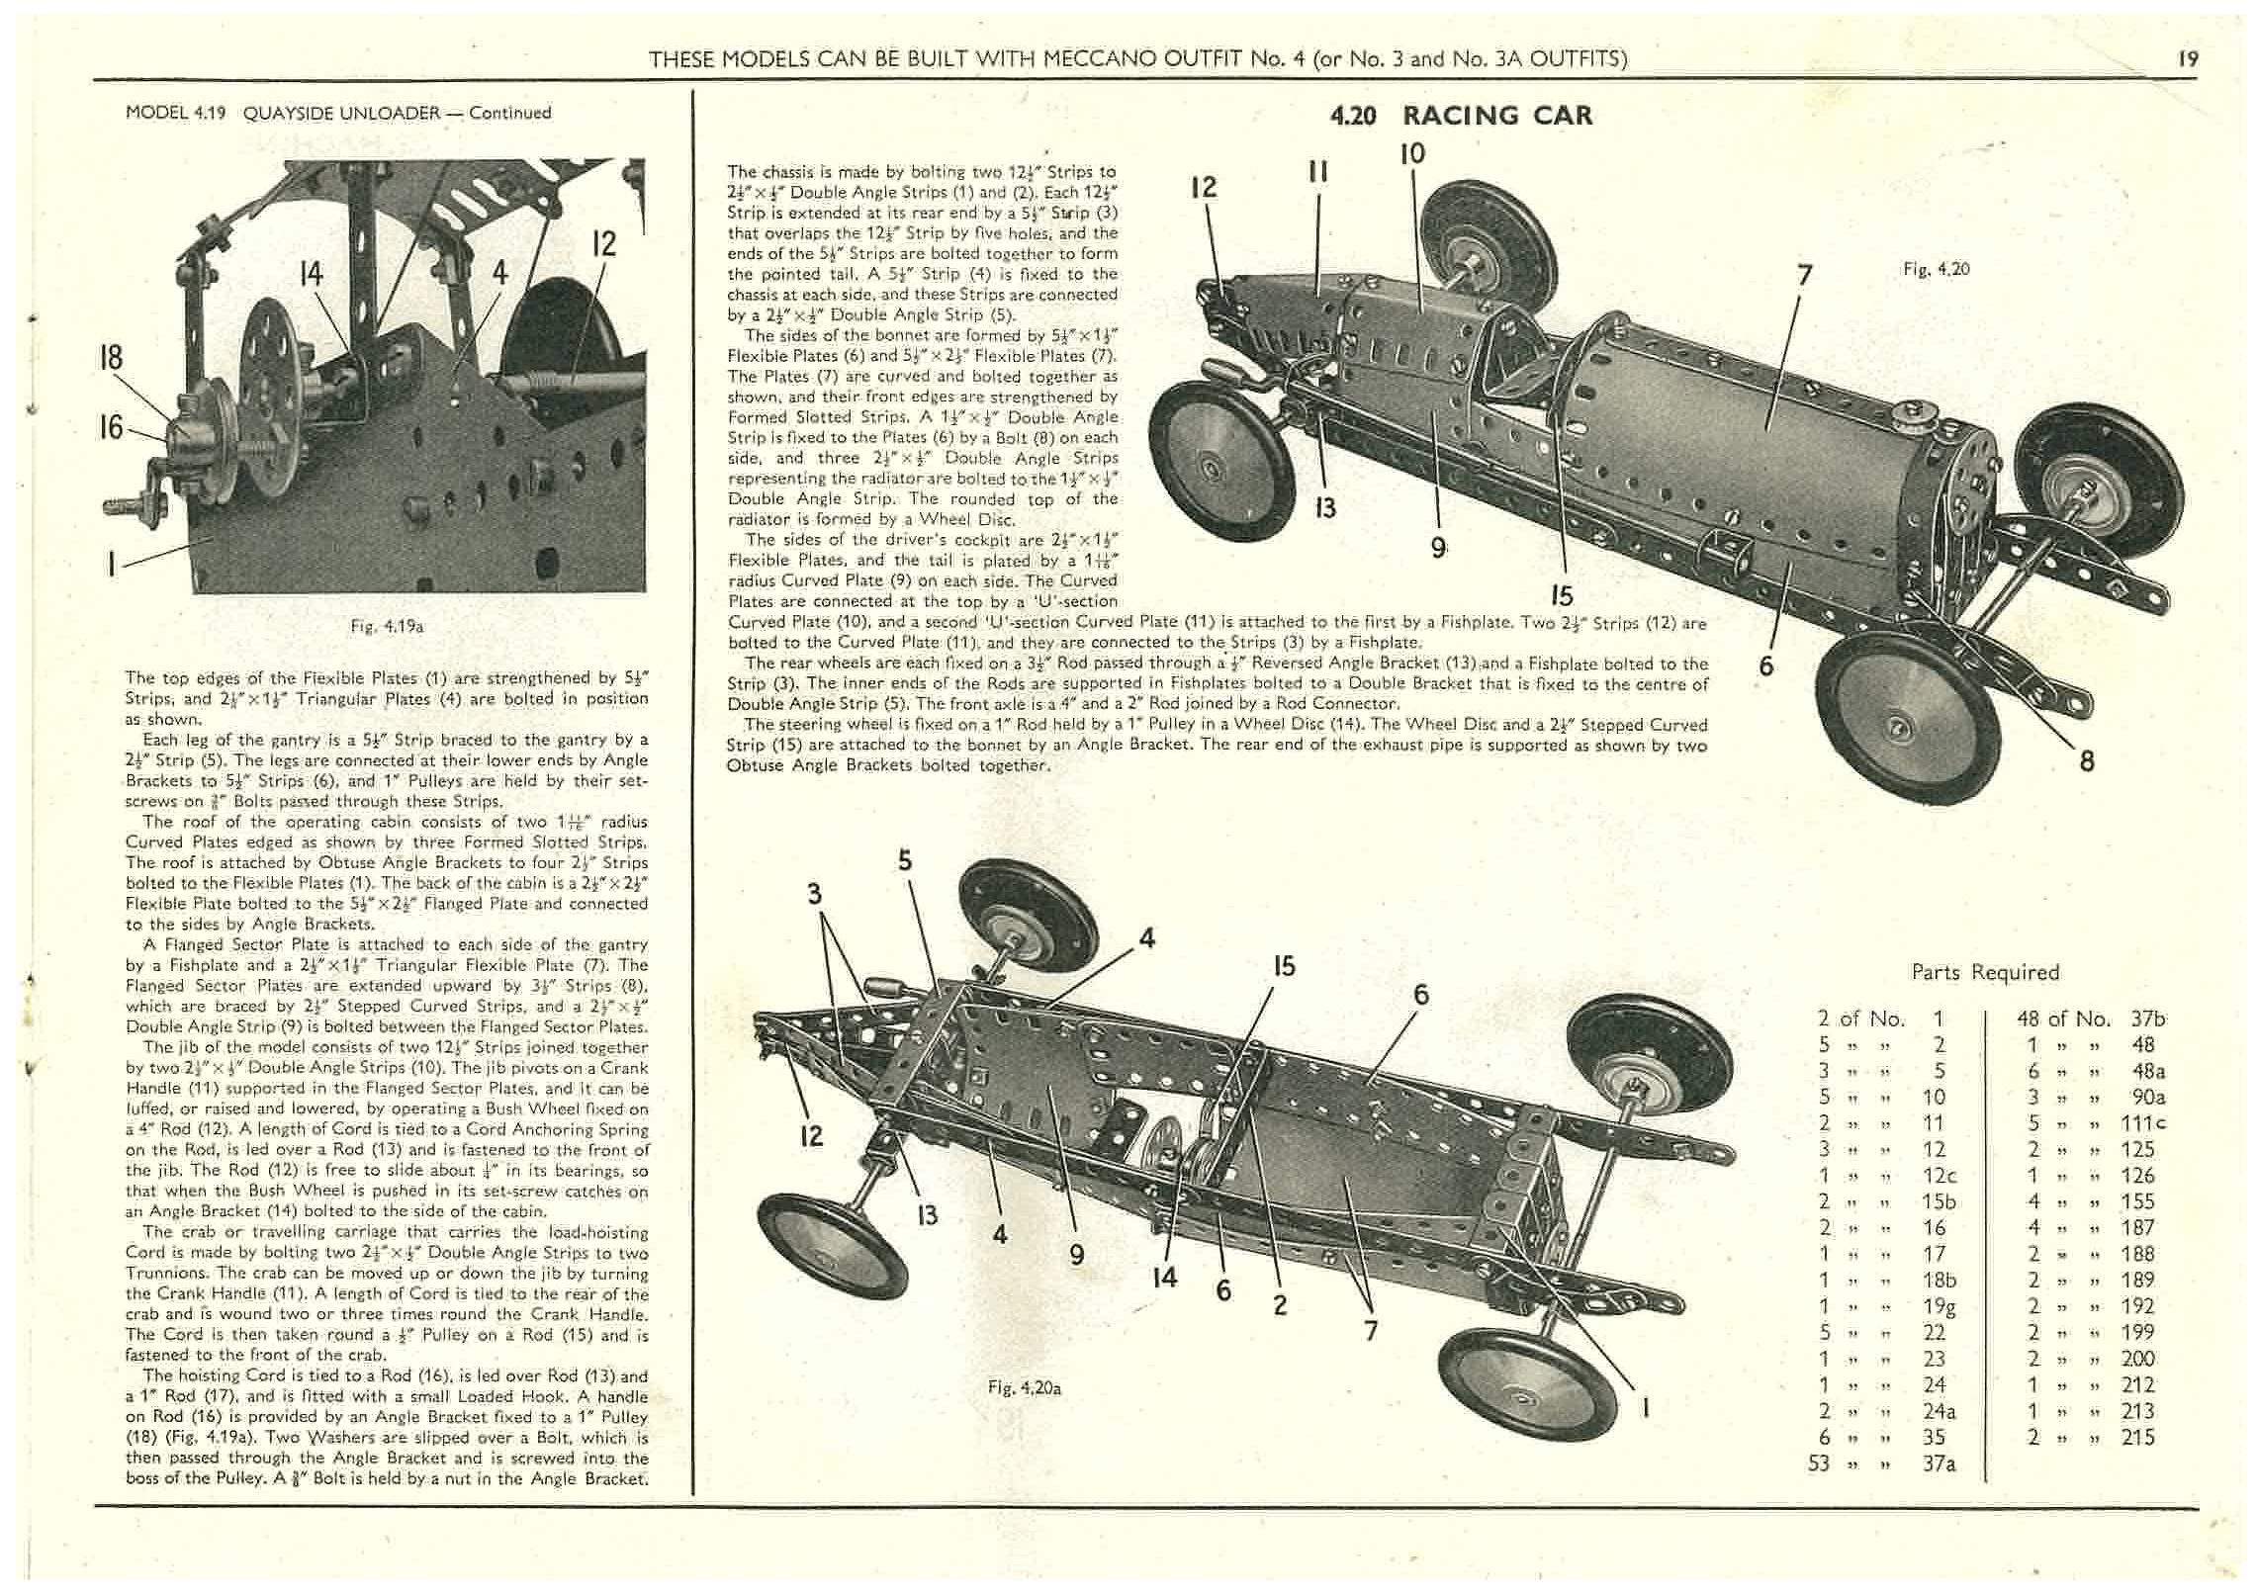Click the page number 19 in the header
coord(2188,58)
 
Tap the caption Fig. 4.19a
coord(387,626)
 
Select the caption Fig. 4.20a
coord(1024,1387)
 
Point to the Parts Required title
coord(1985,972)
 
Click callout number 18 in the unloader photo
coord(111,357)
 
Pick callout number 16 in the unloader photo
coord(111,427)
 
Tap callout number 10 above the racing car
coord(1412,153)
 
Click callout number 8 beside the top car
coord(2087,760)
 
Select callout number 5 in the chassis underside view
coord(905,860)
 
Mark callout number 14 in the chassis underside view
coord(1165,1277)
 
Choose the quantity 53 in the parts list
coord(1820,1463)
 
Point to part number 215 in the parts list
coord(2138,1437)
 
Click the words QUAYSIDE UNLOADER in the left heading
coord(341,113)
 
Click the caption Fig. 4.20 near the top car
coord(1937,269)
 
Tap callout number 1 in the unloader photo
coord(113,565)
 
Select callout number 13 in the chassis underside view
coord(927,1214)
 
